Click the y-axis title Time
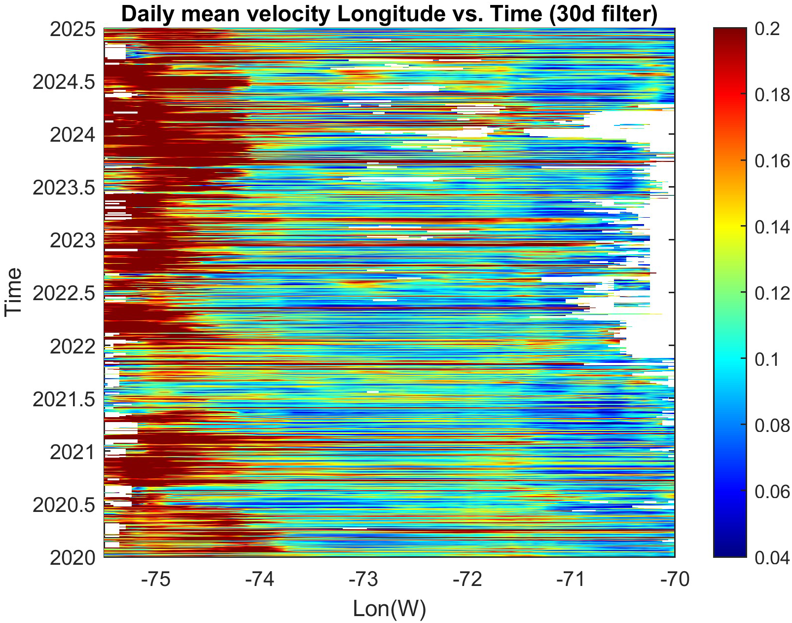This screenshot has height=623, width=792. (x=13, y=291)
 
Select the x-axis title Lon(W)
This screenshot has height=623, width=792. (x=389, y=608)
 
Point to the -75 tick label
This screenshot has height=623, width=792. (x=155, y=579)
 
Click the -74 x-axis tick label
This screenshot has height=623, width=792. (x=259, y=579)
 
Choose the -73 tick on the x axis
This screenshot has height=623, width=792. (x=363, y=579)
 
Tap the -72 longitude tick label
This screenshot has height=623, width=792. (x=467, y=579)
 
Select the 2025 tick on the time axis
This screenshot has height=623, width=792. (x=72, y=30)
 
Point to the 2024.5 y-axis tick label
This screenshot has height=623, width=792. (x=64, y=82)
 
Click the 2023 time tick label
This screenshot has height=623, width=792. (x=72, y=241)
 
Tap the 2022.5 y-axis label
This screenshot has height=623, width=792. (x=64, y=294)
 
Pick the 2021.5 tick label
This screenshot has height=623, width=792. (x=64, y=399)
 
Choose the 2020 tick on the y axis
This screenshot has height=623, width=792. (x=72, y=558)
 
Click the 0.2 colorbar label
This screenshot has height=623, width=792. (x=767, y=30)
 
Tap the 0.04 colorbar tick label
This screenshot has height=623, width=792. (x=772, y=558)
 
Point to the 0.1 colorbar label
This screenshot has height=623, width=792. (x=767, y=359)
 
